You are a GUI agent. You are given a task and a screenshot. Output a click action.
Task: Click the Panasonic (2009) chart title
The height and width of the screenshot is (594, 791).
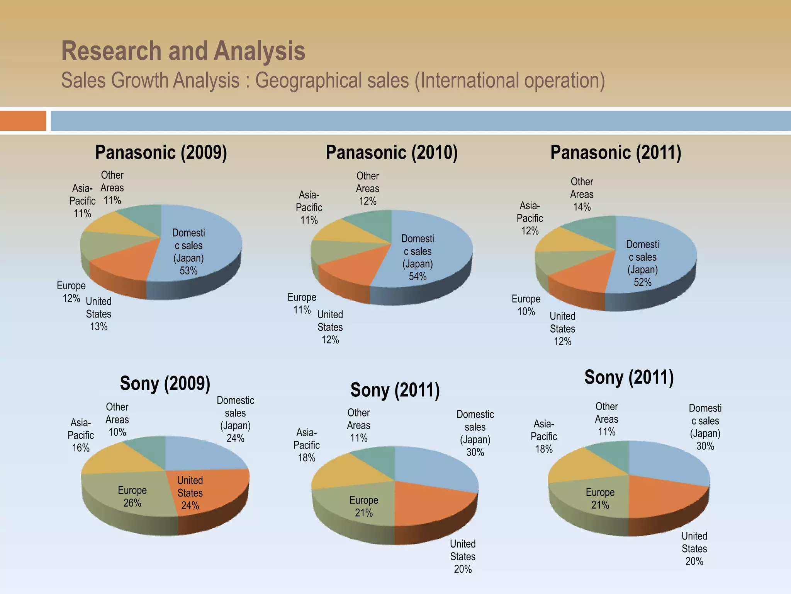[x=161, y=152]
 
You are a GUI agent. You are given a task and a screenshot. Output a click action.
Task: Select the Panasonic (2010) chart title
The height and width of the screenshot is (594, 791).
[x=392, y=152]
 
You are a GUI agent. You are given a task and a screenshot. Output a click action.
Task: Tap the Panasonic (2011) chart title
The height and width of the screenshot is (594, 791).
[x=616, y=152]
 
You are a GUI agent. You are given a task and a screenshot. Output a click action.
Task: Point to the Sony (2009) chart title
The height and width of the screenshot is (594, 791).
[x=165, y=383]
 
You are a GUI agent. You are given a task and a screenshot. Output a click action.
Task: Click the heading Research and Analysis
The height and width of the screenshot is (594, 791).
[x=183, y=51]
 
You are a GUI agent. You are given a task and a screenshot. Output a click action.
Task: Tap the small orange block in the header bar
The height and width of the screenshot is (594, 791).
[x=23, y=121]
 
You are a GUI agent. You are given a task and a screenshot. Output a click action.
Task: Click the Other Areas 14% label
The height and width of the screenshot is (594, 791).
[x=582, y=194]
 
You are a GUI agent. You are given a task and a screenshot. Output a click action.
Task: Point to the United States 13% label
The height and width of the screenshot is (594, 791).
[x=98, y=314]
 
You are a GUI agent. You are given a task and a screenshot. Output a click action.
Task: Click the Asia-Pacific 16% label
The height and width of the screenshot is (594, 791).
[x=81, y=435]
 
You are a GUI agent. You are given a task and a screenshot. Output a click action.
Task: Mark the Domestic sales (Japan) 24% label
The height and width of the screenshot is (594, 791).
[x=235, y=419]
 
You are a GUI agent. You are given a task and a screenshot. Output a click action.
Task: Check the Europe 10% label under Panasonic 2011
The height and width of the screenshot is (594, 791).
[x=526, y=305]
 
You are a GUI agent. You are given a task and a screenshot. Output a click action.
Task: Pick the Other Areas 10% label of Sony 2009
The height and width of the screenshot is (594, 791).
[x=117, y=420]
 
